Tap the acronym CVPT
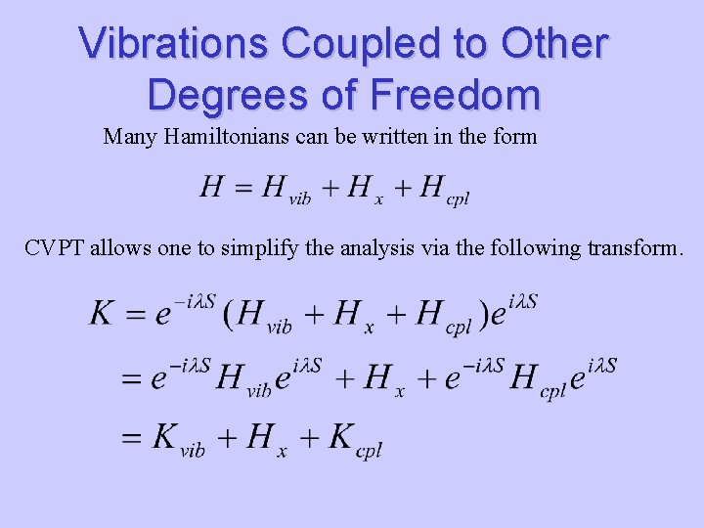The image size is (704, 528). coord(55,248)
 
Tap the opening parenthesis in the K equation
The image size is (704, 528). coord(228,314)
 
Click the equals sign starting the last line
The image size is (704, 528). coord(131,438)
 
